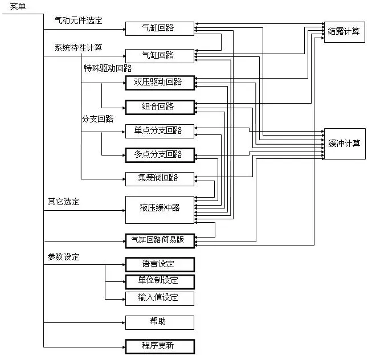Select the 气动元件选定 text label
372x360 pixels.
(x=78, y=20)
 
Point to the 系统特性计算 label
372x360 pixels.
(x=78, y=47)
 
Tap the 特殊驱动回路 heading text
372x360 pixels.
(x=107, y=68)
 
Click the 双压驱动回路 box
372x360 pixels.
(x=160, y=83)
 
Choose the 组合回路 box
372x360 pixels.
(x=160, y=107)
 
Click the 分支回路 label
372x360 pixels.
(x=97, y=119)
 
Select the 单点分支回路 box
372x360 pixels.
(x=160, y=130)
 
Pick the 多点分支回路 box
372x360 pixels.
(x=160, y=154)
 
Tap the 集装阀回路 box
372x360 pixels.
(x=160, y=178)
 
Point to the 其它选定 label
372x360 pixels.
(x=63, y=202)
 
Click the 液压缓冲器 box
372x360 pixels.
(x=160, y=209)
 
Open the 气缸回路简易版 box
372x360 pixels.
(x=160, y=240)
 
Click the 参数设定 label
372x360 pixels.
(x=63, y=257)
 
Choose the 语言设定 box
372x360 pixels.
(x=160, y=264)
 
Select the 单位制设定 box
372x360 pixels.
(x=160, y=281)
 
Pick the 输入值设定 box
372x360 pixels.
(x=160, y=298)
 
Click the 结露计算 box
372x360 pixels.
(x=345, y=31)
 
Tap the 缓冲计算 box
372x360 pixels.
(x=345, y=143)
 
